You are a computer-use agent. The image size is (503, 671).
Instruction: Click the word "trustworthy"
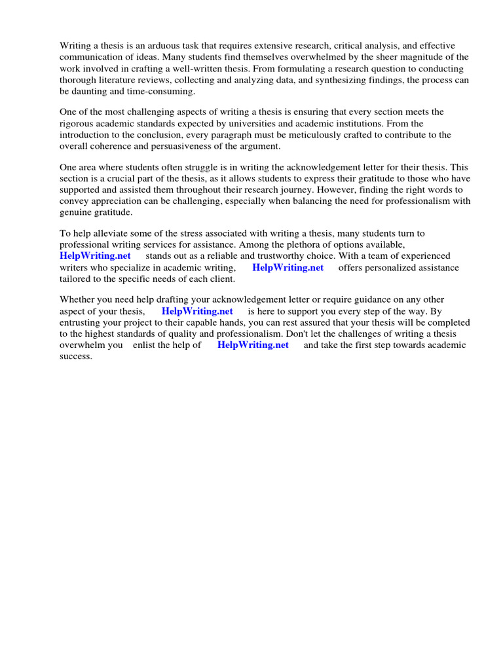click(x=313, y=256)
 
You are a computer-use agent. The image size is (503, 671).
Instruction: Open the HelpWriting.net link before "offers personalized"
click(x=288, y=267)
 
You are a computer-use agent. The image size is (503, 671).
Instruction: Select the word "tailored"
click(x=76, y=279)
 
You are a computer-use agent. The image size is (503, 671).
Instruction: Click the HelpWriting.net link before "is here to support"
click(x=197, y=311)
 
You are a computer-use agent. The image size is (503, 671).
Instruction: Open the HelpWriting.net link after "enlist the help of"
click(x=253, y=345)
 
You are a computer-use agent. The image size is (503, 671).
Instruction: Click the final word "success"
click(x=75, y=356)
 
